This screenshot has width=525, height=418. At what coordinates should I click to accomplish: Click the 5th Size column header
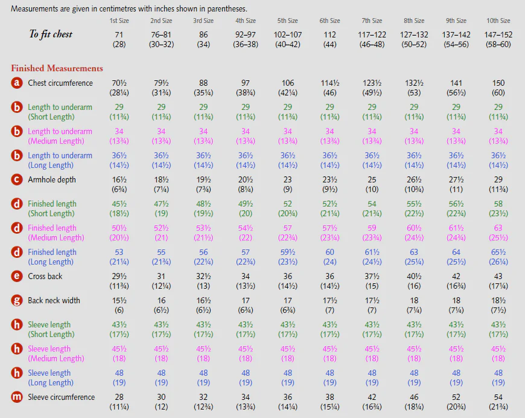(x=287, y=21)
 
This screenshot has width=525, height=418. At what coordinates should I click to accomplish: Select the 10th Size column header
(x=498, y=21)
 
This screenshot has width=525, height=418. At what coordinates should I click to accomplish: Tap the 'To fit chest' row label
(x=51, y=34)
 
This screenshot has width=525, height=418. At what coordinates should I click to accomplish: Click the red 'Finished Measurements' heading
(x=57, y=68)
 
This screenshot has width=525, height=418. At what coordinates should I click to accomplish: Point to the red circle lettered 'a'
(x=17, y=83)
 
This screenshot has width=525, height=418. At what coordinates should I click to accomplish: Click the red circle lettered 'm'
(x=17, y=397)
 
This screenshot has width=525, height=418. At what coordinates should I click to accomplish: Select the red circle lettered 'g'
(x=17, y=300)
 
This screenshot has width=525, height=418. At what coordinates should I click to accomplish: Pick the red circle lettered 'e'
(x=17, y=276)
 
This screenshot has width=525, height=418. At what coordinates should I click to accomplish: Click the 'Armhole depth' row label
(x=52, y=180)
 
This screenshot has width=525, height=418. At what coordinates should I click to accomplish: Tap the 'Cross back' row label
(x=45, y=276)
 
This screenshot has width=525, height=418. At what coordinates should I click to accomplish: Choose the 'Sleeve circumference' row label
(x=62, y=397)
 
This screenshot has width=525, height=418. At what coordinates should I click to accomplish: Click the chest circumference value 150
(x=498, y=83)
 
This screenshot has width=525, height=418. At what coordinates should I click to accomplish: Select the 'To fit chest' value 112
(x=330, y=35)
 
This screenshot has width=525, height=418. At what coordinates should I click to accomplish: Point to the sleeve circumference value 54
(x=498, y=397)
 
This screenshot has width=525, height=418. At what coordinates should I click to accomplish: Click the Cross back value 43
(x=498, y=276)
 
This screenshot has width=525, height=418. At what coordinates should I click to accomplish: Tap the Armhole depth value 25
(x=372, y=179)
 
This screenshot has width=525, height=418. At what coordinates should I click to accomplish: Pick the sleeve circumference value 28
(x=119, y=397)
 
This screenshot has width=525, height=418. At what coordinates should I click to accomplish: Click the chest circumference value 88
(x=203, y=83)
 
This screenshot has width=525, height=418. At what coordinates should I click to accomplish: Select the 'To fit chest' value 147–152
(x=498, y=35)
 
